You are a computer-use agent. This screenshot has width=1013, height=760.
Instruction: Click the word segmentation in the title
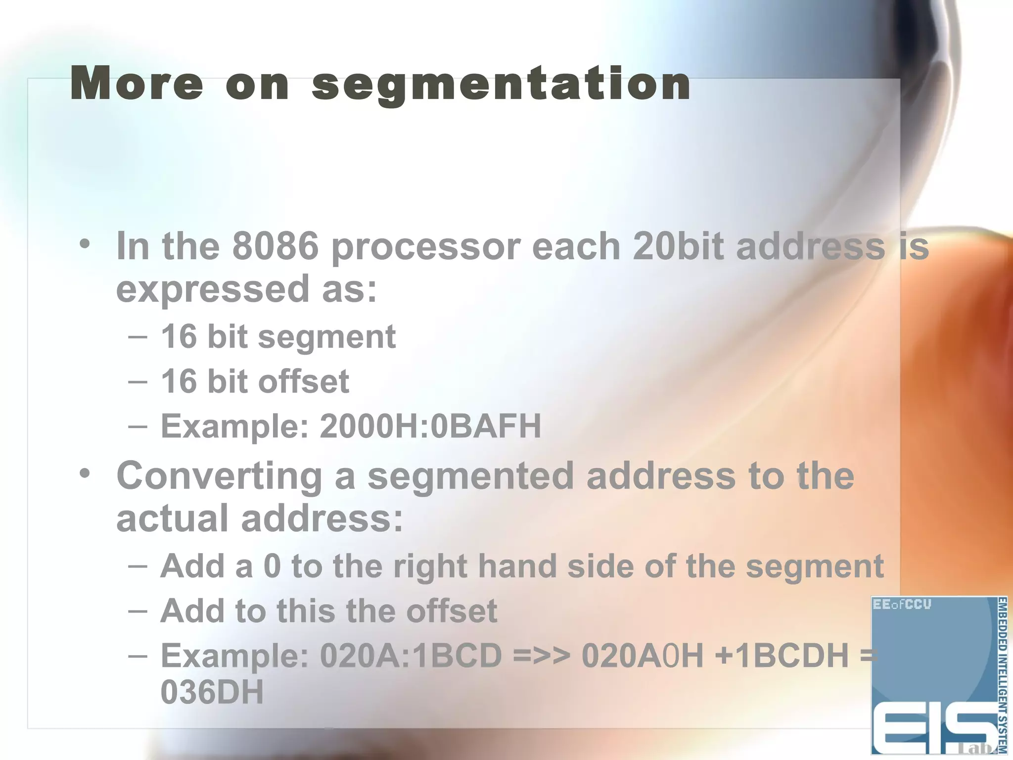501,85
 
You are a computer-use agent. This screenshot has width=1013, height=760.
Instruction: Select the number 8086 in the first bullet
276,246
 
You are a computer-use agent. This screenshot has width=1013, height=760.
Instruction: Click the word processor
426,247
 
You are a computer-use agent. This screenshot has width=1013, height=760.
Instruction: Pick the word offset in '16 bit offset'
303,381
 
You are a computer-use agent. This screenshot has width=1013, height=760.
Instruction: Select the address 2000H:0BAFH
430,426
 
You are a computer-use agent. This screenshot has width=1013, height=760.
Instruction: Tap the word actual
173,519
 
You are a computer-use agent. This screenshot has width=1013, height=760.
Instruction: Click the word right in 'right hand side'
430,567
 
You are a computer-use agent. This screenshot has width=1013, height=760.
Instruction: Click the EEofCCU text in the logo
902,604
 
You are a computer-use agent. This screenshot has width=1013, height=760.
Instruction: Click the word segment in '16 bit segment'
326,337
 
